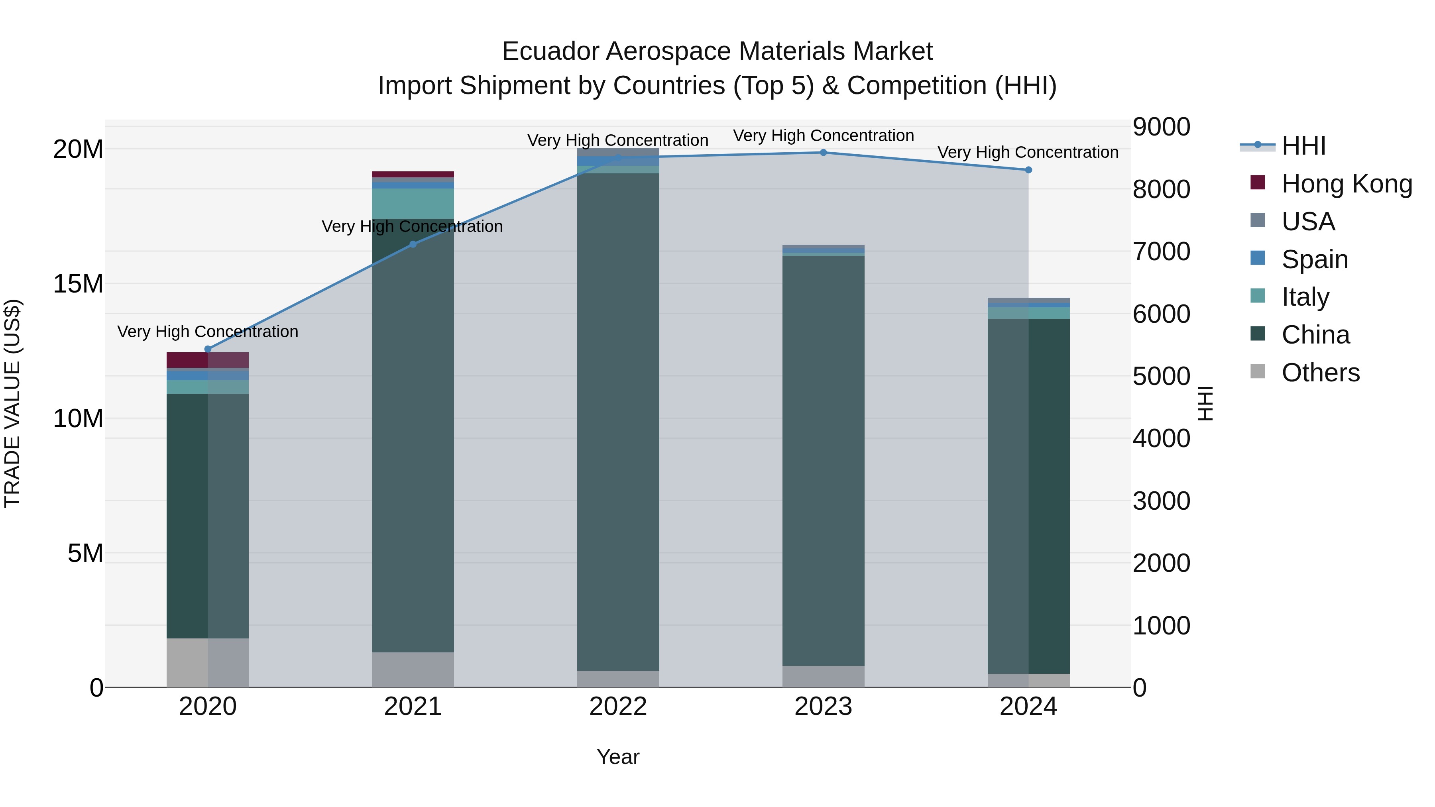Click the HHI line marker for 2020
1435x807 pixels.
click(208, 349)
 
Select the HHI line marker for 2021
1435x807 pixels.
click(413, 244)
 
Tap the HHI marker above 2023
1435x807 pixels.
click(824, 153)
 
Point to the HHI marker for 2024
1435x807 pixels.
click(1028, 170)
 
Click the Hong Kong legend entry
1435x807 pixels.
click(1347, 184)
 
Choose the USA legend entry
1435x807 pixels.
click(1308, 222)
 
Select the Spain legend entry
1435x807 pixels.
click(1315, 259)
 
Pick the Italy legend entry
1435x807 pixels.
click(1305, 297)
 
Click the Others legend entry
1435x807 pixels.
click(1320, 373)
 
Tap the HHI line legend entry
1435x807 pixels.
click(1303, 146)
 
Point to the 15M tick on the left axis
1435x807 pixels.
click(78, 284)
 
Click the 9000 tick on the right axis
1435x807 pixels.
click(1162, 127)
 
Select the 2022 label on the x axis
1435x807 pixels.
click(618, 707)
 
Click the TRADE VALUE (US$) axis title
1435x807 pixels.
click(12, 403)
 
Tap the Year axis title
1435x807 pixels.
click(618, 757)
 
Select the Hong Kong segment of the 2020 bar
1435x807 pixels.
click(208, 360)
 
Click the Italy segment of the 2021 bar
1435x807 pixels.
click(413, 203)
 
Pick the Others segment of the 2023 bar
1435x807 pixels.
click(824, 676)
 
